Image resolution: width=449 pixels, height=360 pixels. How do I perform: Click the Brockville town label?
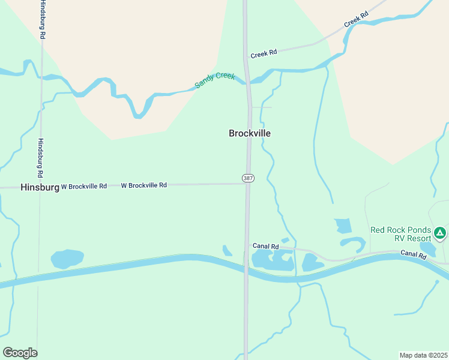tap(250, 133)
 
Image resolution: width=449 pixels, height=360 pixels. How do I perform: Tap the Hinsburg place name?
tap(40, 187)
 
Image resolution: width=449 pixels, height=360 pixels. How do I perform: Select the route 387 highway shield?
tap(247, 178)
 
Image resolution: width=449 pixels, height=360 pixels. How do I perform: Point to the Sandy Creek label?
tap(215, 80)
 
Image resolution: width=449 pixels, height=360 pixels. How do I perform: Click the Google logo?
tap(20, 353)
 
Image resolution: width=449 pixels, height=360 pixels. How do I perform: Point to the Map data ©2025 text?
tap(424, 355)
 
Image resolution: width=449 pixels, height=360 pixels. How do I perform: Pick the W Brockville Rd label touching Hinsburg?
tap(83, 187)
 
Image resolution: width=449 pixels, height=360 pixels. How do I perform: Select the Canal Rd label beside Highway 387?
tap(266, 246)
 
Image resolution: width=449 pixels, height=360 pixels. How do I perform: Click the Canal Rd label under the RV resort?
tap(414, 256)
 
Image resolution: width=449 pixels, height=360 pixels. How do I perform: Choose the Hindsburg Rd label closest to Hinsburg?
tap(41, 158)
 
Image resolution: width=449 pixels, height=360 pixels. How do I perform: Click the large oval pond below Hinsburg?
tap(67, 259)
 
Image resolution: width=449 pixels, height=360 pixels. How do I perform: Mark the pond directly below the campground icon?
tap(428, 248)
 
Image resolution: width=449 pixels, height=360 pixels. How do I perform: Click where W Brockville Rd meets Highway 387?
tap(247, 184)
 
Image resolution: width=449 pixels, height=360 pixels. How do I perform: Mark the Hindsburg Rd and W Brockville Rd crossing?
tap(40, 187)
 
